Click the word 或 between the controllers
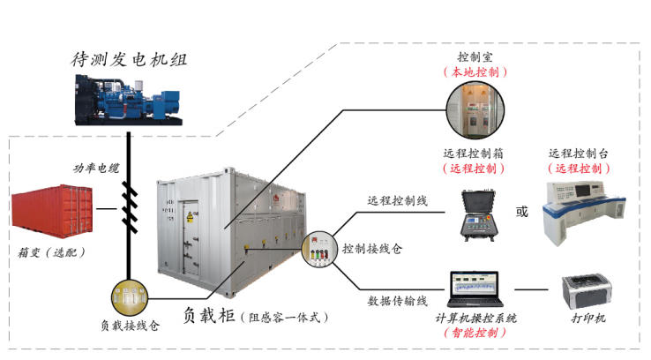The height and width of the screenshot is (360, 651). [x=522, y=212]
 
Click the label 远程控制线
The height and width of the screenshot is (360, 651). [x=397, y=200]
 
